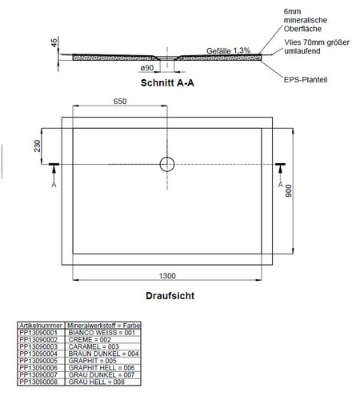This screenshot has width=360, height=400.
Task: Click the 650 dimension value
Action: coord(120,102)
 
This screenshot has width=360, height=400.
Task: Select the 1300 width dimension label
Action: coord(167,276)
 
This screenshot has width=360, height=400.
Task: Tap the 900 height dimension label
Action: coord(288,190)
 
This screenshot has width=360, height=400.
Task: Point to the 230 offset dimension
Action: coord(38,146)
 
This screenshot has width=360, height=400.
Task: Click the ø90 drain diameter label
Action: coord(147,68)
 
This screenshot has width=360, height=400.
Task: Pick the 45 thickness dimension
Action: coord(54,42)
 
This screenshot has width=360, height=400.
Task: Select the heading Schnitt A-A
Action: coord(167,83)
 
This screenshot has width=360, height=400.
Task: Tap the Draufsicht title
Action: coord(170,296)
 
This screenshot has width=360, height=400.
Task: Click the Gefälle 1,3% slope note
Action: coord(228,50)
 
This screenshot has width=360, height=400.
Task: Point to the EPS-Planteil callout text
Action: coord(306,80)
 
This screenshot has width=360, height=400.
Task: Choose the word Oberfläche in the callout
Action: coord(302,29)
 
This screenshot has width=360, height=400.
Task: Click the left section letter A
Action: coord(54,185)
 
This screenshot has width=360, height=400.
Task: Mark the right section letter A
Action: coord(280,185)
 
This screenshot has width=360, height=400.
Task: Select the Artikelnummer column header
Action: coord(41,326)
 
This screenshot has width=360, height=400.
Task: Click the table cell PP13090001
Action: coord(38,333)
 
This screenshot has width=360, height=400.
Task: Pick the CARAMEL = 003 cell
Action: coord(94,346)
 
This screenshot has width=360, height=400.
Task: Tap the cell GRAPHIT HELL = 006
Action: coord(102,368)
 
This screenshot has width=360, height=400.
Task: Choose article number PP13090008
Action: coord(38,382)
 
